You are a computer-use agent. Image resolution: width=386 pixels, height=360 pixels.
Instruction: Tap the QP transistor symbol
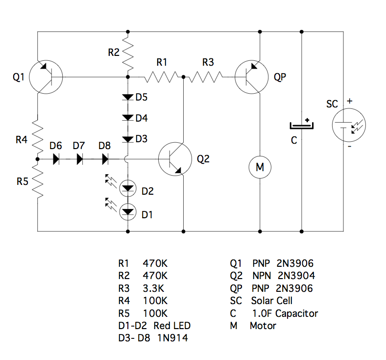coord(251,77)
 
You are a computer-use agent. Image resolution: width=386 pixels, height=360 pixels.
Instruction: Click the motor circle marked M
coord(260,168)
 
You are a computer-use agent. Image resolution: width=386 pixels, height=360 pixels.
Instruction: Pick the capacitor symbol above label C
coord(301,125)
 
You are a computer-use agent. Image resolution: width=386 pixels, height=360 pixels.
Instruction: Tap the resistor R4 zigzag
coord(37,134)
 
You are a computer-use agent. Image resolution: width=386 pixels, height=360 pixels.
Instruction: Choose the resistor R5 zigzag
coord(37,181)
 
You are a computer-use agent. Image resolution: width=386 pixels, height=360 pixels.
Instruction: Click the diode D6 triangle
coord(56,159)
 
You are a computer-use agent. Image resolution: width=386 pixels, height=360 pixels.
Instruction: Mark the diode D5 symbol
coord(128,97)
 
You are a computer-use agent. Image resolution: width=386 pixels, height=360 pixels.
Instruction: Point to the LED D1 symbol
coord(128,212)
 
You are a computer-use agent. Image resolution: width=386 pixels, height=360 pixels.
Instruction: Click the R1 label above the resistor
coord(162,62)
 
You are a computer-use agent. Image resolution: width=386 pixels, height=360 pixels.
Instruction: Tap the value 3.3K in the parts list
coord(153,288)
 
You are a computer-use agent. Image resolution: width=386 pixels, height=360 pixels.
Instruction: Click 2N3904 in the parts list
coord(296,276)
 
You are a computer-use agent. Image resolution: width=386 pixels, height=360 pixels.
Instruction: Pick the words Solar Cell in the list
coord(272,301)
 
